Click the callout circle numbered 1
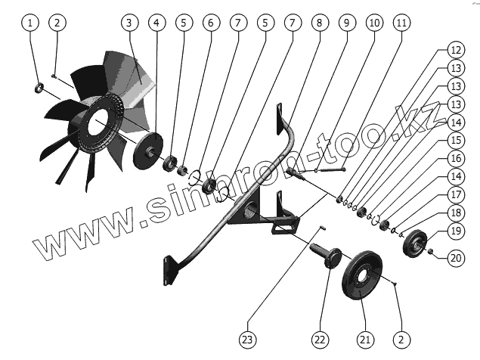pyautogui.click(x=31, y=23)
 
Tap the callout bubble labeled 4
pyautogui.click(x=156, y=23)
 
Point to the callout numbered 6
pyautogui.click(x=211, y=23)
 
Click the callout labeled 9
pyautogui.click(x=346, y=23)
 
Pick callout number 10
pyautogui.click(x=373, y=23)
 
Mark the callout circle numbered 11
pyautogui.click(x=401, y=23)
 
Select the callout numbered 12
pyautogui.click(x=455, y=50)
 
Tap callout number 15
pyautogui.click(x=455, y=141)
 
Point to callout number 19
pyautogui.click(x=455, y=231)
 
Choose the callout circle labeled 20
pyautogui.click(x=455, y=258)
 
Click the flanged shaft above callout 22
pyautogui.click(x=330, y=256)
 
